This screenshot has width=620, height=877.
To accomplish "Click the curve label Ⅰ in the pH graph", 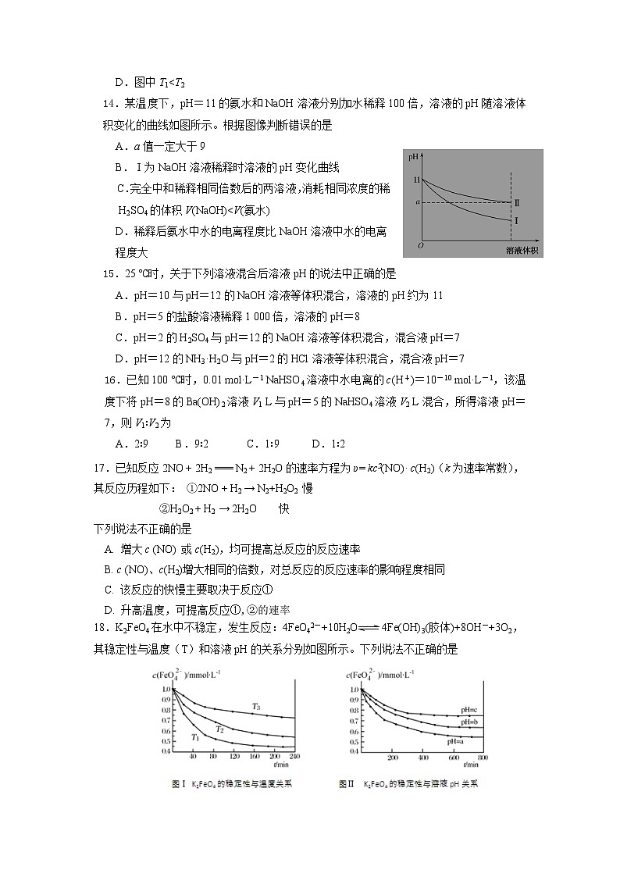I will pyautogui.click(x=516, y=221).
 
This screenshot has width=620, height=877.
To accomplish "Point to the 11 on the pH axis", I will pyautogui.click(x=416, y=180).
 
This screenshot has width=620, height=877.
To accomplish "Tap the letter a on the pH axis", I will pyautogui.click(x=417, y=202).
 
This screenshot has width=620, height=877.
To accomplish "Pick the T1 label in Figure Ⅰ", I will pyautogui.click(x=196, y=737).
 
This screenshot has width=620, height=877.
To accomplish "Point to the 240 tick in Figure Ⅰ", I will pyautogui.click(x=294, y=758).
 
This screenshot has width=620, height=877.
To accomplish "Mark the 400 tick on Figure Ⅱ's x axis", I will pyautogui.click(x=422, y=758).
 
